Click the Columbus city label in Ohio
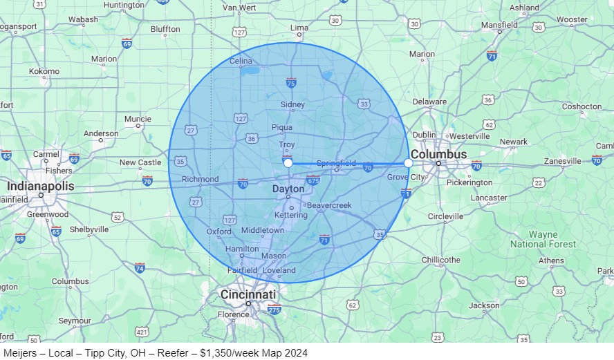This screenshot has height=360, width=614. coord(438,154)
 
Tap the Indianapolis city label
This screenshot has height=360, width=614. coord(40,187)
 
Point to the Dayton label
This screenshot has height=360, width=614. coord(288,189)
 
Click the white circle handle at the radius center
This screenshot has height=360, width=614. coord(288,163)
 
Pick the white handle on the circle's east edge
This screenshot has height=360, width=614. coord(408,163)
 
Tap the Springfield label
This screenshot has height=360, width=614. coord(336,163)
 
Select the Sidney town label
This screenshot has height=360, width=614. coord(292,105)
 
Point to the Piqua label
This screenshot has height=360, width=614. coord(281,127)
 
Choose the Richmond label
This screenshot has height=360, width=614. coord(200,179)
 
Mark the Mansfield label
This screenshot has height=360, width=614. coord(499,25)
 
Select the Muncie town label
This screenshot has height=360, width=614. coord(138,119)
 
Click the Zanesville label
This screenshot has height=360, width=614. coord(563,161)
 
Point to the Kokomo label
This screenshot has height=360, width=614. coord(44,71)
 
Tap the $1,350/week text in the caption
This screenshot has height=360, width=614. coord(202,352)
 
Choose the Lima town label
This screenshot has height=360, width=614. coord(299,28)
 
